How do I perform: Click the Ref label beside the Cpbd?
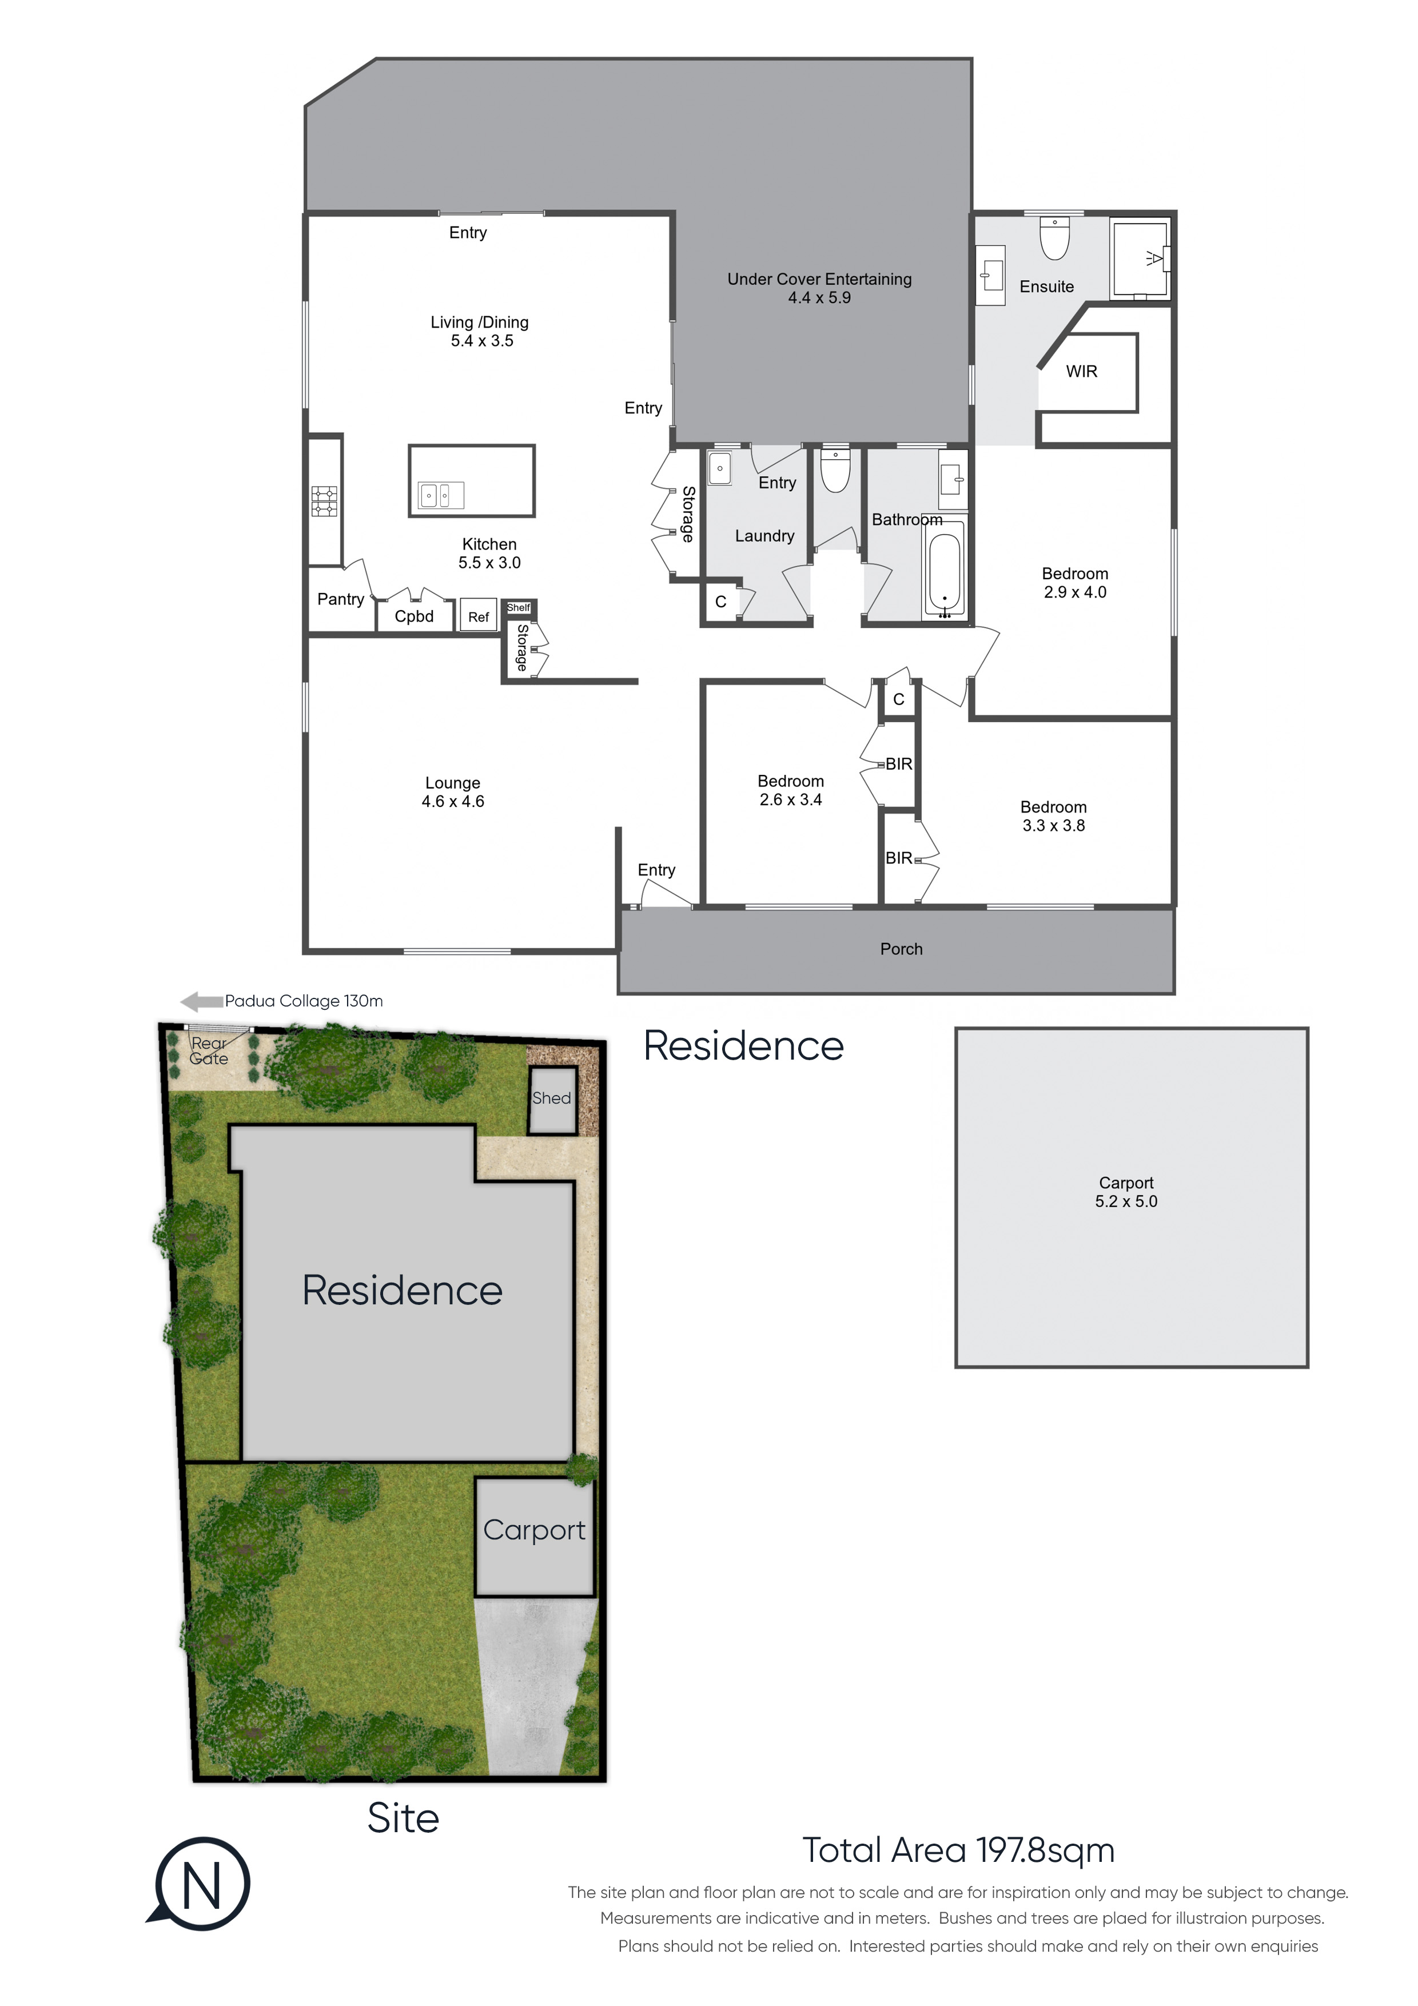click(478, 617)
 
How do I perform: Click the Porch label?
click(901, 949)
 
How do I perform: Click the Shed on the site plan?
click(552, 1100)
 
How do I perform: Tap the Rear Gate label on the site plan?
click(209, 1051)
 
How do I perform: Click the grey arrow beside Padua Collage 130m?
click(201, 1001)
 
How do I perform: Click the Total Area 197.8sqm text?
click(958, 1850)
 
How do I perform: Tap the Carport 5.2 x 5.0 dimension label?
click(1126, 1192)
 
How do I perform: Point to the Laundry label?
click(764, 536)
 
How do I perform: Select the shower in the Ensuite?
click(1140, 258)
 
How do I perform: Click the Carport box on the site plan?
click(535, 1537)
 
